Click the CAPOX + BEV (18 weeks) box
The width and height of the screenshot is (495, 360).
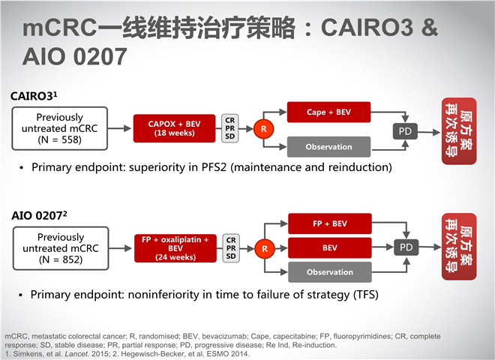[174, 128]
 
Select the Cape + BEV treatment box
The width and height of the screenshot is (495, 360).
[328, 112]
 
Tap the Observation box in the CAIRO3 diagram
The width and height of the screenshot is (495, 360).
[328, 147]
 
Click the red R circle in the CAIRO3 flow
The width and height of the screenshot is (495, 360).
[263, 129]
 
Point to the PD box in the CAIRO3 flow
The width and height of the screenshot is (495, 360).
[405, 131]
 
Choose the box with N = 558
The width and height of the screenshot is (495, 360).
[60, 128]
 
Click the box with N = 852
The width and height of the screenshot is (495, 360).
[61, 248]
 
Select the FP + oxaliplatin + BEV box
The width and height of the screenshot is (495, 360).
[175, 248]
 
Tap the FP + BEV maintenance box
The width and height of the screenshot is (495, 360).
[330, 223]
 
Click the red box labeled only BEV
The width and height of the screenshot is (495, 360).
[330, 248]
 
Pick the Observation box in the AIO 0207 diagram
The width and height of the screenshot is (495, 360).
[330, 272]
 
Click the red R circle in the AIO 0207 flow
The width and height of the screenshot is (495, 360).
[265, 249]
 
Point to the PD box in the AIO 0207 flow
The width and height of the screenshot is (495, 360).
[406, 247]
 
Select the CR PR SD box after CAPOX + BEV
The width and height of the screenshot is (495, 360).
[229, 128]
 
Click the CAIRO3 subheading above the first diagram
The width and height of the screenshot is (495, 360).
[34, 96]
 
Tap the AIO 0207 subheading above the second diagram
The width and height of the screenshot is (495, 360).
[39, 216]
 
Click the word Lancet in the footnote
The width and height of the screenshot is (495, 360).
[77, 354]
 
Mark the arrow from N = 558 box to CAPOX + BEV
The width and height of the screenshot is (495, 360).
[120, 128]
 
